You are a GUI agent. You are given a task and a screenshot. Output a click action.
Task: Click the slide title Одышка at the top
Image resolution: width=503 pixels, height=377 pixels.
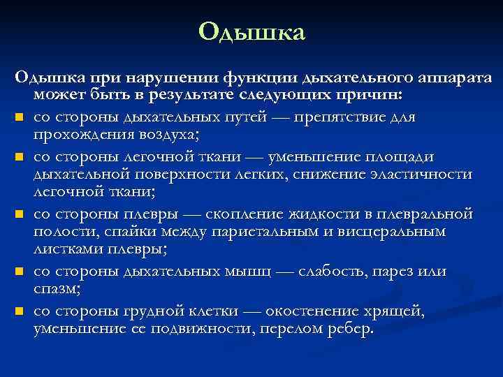click(x=251, y=32)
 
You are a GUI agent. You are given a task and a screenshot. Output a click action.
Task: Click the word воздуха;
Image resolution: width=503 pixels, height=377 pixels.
click(x=168, y=134)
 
